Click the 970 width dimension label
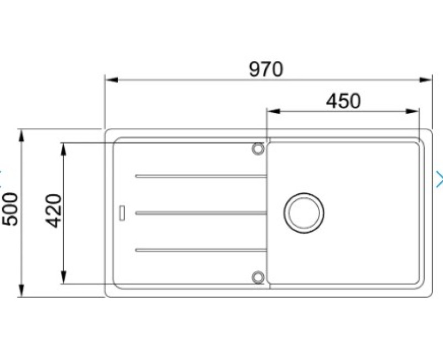point(266,69)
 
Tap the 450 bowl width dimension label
point(343,101)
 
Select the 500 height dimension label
point(10,209)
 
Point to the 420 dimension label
point(53,211)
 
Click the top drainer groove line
point(201,176)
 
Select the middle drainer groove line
point(201,213)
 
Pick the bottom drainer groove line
point(201,250)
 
